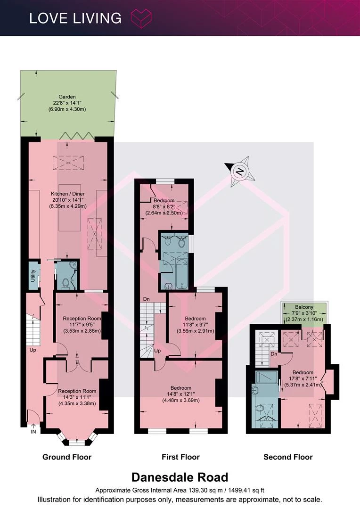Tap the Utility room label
pos(33,275)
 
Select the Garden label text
pos(67,97)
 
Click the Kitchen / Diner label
pos(68,194)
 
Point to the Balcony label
pos(304,307)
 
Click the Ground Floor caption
pos(67,457)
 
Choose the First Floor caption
pos(180,457)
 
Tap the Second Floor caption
pos(288,457)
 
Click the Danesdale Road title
pos(180,477)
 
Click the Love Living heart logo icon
pos(141,18)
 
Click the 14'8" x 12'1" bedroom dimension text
pos(181,394)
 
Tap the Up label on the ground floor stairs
pos(33,350)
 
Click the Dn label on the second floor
pos(274,354)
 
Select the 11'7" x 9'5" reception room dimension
pos(82,325)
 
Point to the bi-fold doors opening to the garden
pos(76,136)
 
